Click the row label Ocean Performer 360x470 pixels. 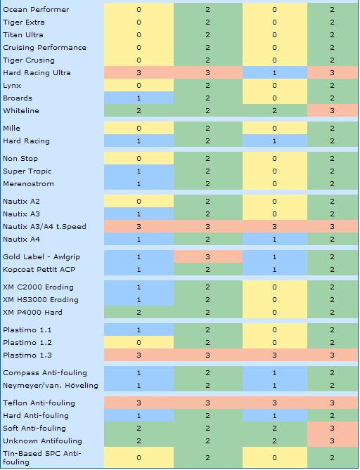(x=36, y=10)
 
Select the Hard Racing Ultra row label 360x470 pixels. (x=37, y=73)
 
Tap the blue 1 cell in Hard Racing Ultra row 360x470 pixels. (x=274, y=73)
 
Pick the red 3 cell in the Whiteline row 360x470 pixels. (x=332, y=110)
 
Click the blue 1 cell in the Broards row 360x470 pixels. (x=139, y=98)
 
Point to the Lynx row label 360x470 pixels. (x=12, y=86)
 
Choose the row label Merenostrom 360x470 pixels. (x=29, y=184)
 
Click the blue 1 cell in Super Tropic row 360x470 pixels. (x=139, y=171)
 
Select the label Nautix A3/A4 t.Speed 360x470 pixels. (x=44, y=227)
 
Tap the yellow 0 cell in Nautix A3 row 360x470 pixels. (x=274, y=214)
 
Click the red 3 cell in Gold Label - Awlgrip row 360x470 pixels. (x=207, y=257)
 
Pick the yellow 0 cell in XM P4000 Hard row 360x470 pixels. (x=274, y=313)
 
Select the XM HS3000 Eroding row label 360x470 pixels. (x=41, y=300)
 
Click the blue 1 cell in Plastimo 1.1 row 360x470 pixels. (x=139, y=330)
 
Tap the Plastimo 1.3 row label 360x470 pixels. (x=27, y=355)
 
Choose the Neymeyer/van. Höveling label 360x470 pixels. (x=51, y=386)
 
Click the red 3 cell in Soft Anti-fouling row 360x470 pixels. (x=332, y=429)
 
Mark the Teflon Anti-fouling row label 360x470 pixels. (x=39, y=403)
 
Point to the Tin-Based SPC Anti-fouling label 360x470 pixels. (x=42, y=458)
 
